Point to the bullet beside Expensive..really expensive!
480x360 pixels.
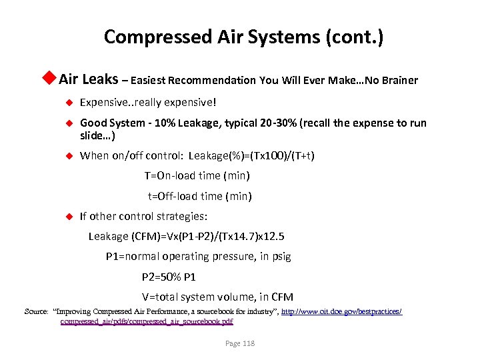pyautogui.click(x=67, y=103)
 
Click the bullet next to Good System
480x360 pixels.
pyautogui.click(x=67, y=123)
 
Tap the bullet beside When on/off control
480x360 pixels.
pyautogui.click(x=67, y=156)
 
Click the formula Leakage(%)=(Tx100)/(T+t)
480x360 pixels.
pyautogui.click(x=251, y=156)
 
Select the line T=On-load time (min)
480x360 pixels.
pyautogui.click(x=197, y=176)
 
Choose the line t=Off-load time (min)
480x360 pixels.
pyautogui.click(x=199, y=196)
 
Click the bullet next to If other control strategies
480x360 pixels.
pyautogui.click(x=67, y=216)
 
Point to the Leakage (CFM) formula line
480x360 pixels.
pyautogui.click(x=186, y=236)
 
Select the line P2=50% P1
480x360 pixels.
pyautogui.click(x=169, y=277)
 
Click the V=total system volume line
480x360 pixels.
pyautogui.click(x=217, y=297)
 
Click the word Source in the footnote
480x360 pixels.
pyautogui.click(x=35, y=311)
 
